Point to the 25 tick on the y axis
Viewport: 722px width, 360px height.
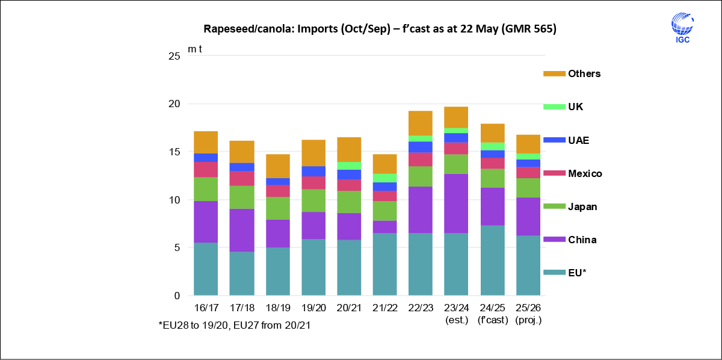(174, 56)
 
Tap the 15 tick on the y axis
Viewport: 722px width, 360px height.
(174, 152)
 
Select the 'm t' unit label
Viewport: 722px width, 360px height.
(195, 49)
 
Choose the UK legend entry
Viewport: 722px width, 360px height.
(575, 107)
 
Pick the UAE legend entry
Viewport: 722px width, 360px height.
(578, 140)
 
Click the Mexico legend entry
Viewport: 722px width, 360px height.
(585, 173)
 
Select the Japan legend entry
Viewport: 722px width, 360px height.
(582, 206)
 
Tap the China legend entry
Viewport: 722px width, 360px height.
(582, 240)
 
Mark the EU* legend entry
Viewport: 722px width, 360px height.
(577, 273)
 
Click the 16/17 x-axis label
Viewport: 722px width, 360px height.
(206, 308)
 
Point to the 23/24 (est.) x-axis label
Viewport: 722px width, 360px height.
(456, 313)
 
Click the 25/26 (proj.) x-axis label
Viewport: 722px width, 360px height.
(528, 313)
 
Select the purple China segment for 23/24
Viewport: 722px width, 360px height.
(456, 203)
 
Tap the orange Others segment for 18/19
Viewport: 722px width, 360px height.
(278, 166)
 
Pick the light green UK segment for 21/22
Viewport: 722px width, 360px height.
(384, 178)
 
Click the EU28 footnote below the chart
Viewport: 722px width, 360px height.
(235, 325)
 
